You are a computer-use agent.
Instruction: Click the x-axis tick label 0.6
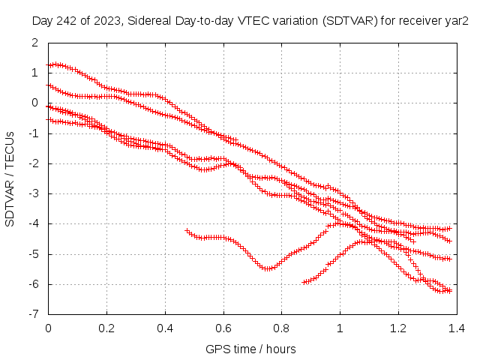[223, 328]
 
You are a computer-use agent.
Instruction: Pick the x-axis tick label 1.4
[456, 328]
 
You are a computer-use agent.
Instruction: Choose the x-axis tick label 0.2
[106, 328]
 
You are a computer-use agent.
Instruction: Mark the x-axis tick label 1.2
[397, 328]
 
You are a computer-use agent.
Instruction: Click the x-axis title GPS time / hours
[251, 349]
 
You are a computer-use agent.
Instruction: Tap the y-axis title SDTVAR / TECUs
[10, 178]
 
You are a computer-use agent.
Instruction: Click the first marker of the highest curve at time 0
[49, 65]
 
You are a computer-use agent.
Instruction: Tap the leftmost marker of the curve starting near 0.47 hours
[186, 230]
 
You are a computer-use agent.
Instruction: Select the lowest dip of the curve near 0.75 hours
[267, 268]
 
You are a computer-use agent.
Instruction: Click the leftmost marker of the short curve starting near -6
[304, 282]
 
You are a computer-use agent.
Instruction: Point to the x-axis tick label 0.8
[281, 328]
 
